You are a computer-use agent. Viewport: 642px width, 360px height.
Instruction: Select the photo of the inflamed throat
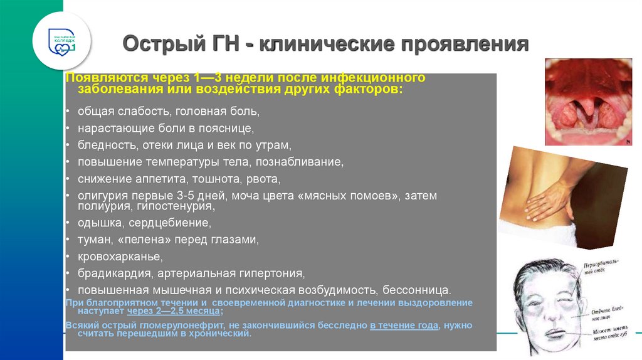[588, 102]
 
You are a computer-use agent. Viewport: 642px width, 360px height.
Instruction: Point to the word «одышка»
[96, 223]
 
